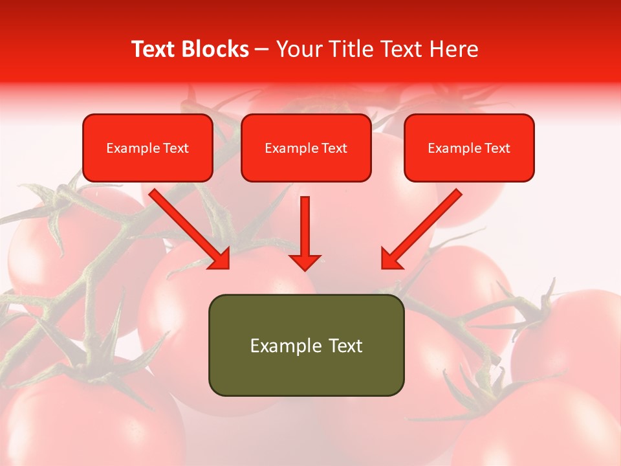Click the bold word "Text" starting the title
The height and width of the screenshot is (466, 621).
pos(154,49)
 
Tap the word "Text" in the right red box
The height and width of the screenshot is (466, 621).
pos(497,148)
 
